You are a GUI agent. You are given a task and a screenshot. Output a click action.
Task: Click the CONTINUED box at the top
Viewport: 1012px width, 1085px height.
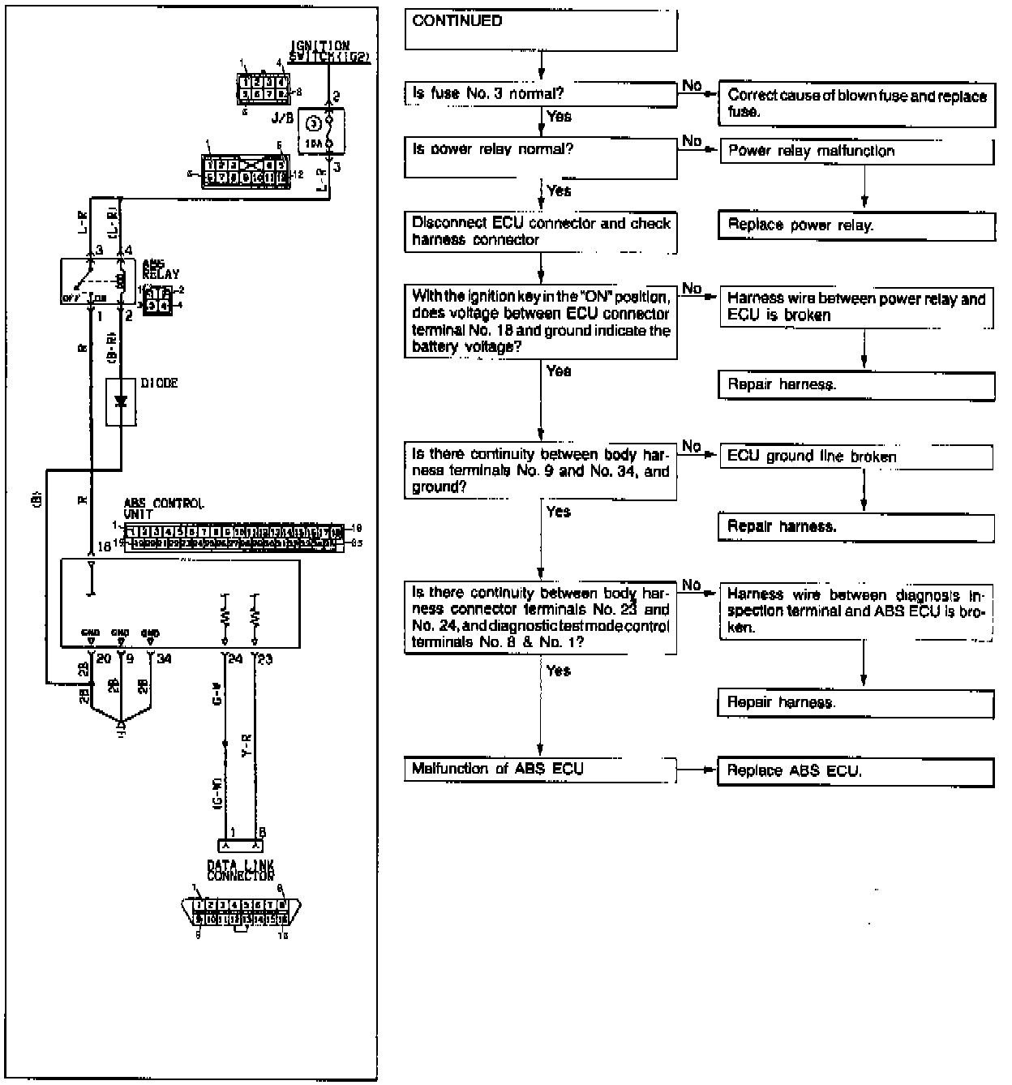(x=540, y=30)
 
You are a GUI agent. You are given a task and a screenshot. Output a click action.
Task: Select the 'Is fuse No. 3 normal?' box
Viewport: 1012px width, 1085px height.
(x=540, y=95)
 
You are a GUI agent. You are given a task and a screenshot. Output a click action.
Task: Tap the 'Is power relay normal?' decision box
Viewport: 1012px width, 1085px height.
(x=540, y=158)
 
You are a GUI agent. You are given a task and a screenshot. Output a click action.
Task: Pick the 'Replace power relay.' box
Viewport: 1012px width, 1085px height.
(x=856, y=226)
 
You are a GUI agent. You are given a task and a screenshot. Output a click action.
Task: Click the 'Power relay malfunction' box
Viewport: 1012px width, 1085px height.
(x=856, y=152)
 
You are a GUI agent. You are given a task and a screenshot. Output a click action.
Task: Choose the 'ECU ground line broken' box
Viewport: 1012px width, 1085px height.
(x=856, y=457)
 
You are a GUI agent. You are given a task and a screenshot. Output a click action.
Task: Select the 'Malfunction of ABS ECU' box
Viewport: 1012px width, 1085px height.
(x=540, y=770)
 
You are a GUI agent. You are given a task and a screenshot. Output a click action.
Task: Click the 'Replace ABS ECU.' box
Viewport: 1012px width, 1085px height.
(x=856, y=771)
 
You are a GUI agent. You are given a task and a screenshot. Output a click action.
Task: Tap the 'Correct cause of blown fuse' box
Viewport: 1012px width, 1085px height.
(x=856, y=104)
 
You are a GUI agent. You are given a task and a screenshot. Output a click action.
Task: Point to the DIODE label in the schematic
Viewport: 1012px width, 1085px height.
(x=159, y=383)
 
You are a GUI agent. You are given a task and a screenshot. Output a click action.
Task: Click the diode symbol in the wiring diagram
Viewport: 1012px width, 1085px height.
(x=122, y=401)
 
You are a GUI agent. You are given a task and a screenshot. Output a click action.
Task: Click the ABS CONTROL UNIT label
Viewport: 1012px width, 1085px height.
(x=163, y=508)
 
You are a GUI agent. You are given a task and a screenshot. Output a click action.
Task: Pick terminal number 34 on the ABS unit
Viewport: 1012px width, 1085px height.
(x=164, y=659)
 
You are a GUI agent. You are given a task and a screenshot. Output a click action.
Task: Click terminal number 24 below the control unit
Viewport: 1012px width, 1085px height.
(x=235, y=659)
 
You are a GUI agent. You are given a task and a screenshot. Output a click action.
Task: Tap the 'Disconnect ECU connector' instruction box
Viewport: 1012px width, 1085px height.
(x=540, y=232)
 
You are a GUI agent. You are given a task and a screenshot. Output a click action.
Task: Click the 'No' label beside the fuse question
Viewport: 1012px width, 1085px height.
(x=692, y=86)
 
